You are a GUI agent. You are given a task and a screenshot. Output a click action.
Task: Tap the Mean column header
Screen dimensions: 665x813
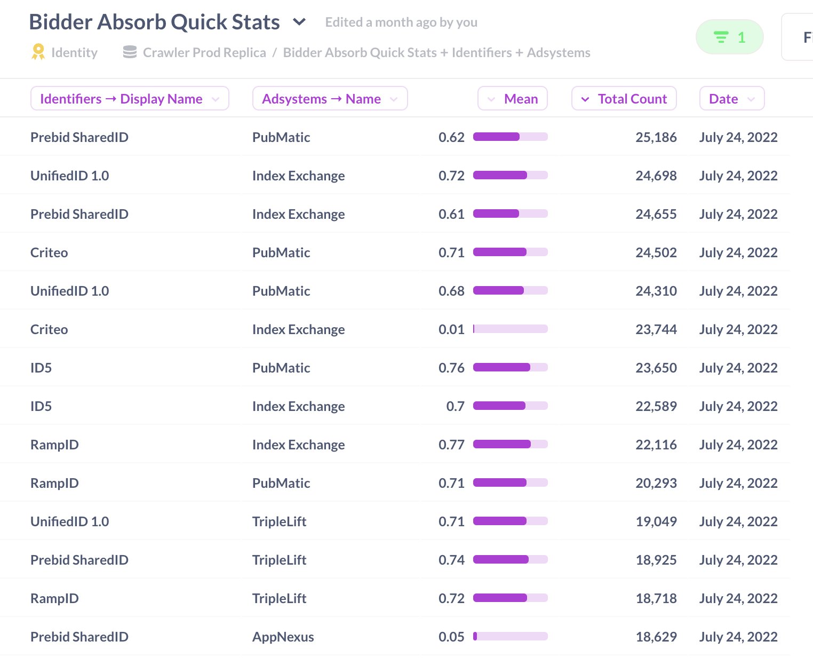(x=513, y=99)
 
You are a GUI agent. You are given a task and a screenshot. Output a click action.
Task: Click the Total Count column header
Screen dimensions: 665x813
(x=624, y=99)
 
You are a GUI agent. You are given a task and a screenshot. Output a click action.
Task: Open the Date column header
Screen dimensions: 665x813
(x=731, y=99)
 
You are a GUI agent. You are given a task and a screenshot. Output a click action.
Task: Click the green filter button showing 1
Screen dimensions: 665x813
(x=729, y=37)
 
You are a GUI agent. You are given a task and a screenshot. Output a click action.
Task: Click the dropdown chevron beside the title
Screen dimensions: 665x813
(x=300, y=22)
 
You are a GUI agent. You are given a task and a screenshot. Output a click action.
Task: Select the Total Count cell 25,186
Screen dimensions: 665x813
(x=656, y=137)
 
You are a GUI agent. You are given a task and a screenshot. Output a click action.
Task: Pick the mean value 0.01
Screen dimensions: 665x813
(x=451, y=329)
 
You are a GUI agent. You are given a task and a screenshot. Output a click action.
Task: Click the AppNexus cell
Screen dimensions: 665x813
(x=283, y=637)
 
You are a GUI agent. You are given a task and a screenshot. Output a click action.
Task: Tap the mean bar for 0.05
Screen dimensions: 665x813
(x=510, y=636)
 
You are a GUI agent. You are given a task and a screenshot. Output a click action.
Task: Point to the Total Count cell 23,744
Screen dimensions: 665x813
(x=656, y=329)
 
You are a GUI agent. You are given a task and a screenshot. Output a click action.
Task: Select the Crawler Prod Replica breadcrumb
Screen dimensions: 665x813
(x=204, y=52)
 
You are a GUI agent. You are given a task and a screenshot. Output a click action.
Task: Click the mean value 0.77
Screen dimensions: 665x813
(x=451, y=445)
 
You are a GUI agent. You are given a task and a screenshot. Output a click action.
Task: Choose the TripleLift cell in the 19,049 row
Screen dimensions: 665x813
(x=279, y=521)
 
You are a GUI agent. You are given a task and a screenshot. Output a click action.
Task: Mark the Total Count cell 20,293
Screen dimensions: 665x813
(x=656, y=483)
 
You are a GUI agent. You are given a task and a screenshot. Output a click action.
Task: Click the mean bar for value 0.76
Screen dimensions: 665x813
(x=510, y=367)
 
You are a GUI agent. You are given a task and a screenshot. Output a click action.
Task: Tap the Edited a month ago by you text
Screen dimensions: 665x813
(x=401, y=22)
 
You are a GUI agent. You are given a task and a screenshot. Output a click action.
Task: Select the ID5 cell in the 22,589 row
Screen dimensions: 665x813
(x=41, y=406)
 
